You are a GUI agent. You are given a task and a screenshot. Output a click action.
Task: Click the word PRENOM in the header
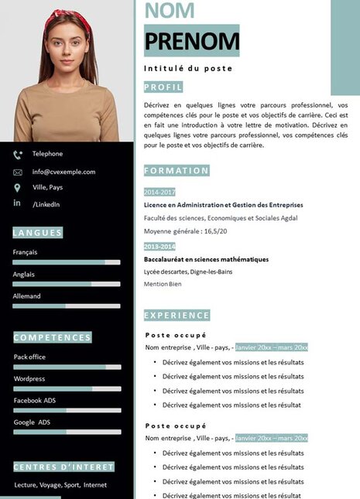[191, 41]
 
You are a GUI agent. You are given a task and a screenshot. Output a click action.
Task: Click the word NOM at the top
[170, 11]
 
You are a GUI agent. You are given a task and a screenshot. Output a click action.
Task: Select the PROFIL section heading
[163, 87]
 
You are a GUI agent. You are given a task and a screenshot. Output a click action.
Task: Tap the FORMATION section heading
[177, 170]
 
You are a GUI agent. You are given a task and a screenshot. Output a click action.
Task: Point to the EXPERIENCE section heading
[177, 315]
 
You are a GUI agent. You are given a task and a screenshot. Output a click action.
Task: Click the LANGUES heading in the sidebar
[37, 233]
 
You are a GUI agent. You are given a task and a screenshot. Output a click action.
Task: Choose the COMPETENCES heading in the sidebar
[53, 337]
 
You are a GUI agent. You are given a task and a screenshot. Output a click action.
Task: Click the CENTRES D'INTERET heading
[63, 467]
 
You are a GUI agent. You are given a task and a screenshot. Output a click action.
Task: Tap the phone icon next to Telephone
[18, 155]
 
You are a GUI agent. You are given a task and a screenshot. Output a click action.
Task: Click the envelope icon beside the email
[18, 172]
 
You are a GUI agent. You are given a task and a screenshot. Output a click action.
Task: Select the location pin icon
[18, 188]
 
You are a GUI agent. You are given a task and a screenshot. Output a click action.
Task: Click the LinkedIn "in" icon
[17, 203]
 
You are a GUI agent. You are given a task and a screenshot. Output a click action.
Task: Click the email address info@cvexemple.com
[63, 172]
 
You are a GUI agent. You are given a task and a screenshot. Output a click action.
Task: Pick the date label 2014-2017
[159, 192]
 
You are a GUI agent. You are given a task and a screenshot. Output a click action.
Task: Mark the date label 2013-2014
[159, 246]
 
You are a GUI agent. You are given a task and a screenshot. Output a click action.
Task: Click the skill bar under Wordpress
[67, 388]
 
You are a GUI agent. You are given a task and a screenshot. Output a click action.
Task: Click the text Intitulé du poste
[188, 68]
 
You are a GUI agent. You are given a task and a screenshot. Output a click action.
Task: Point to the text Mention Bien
[163, 284]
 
